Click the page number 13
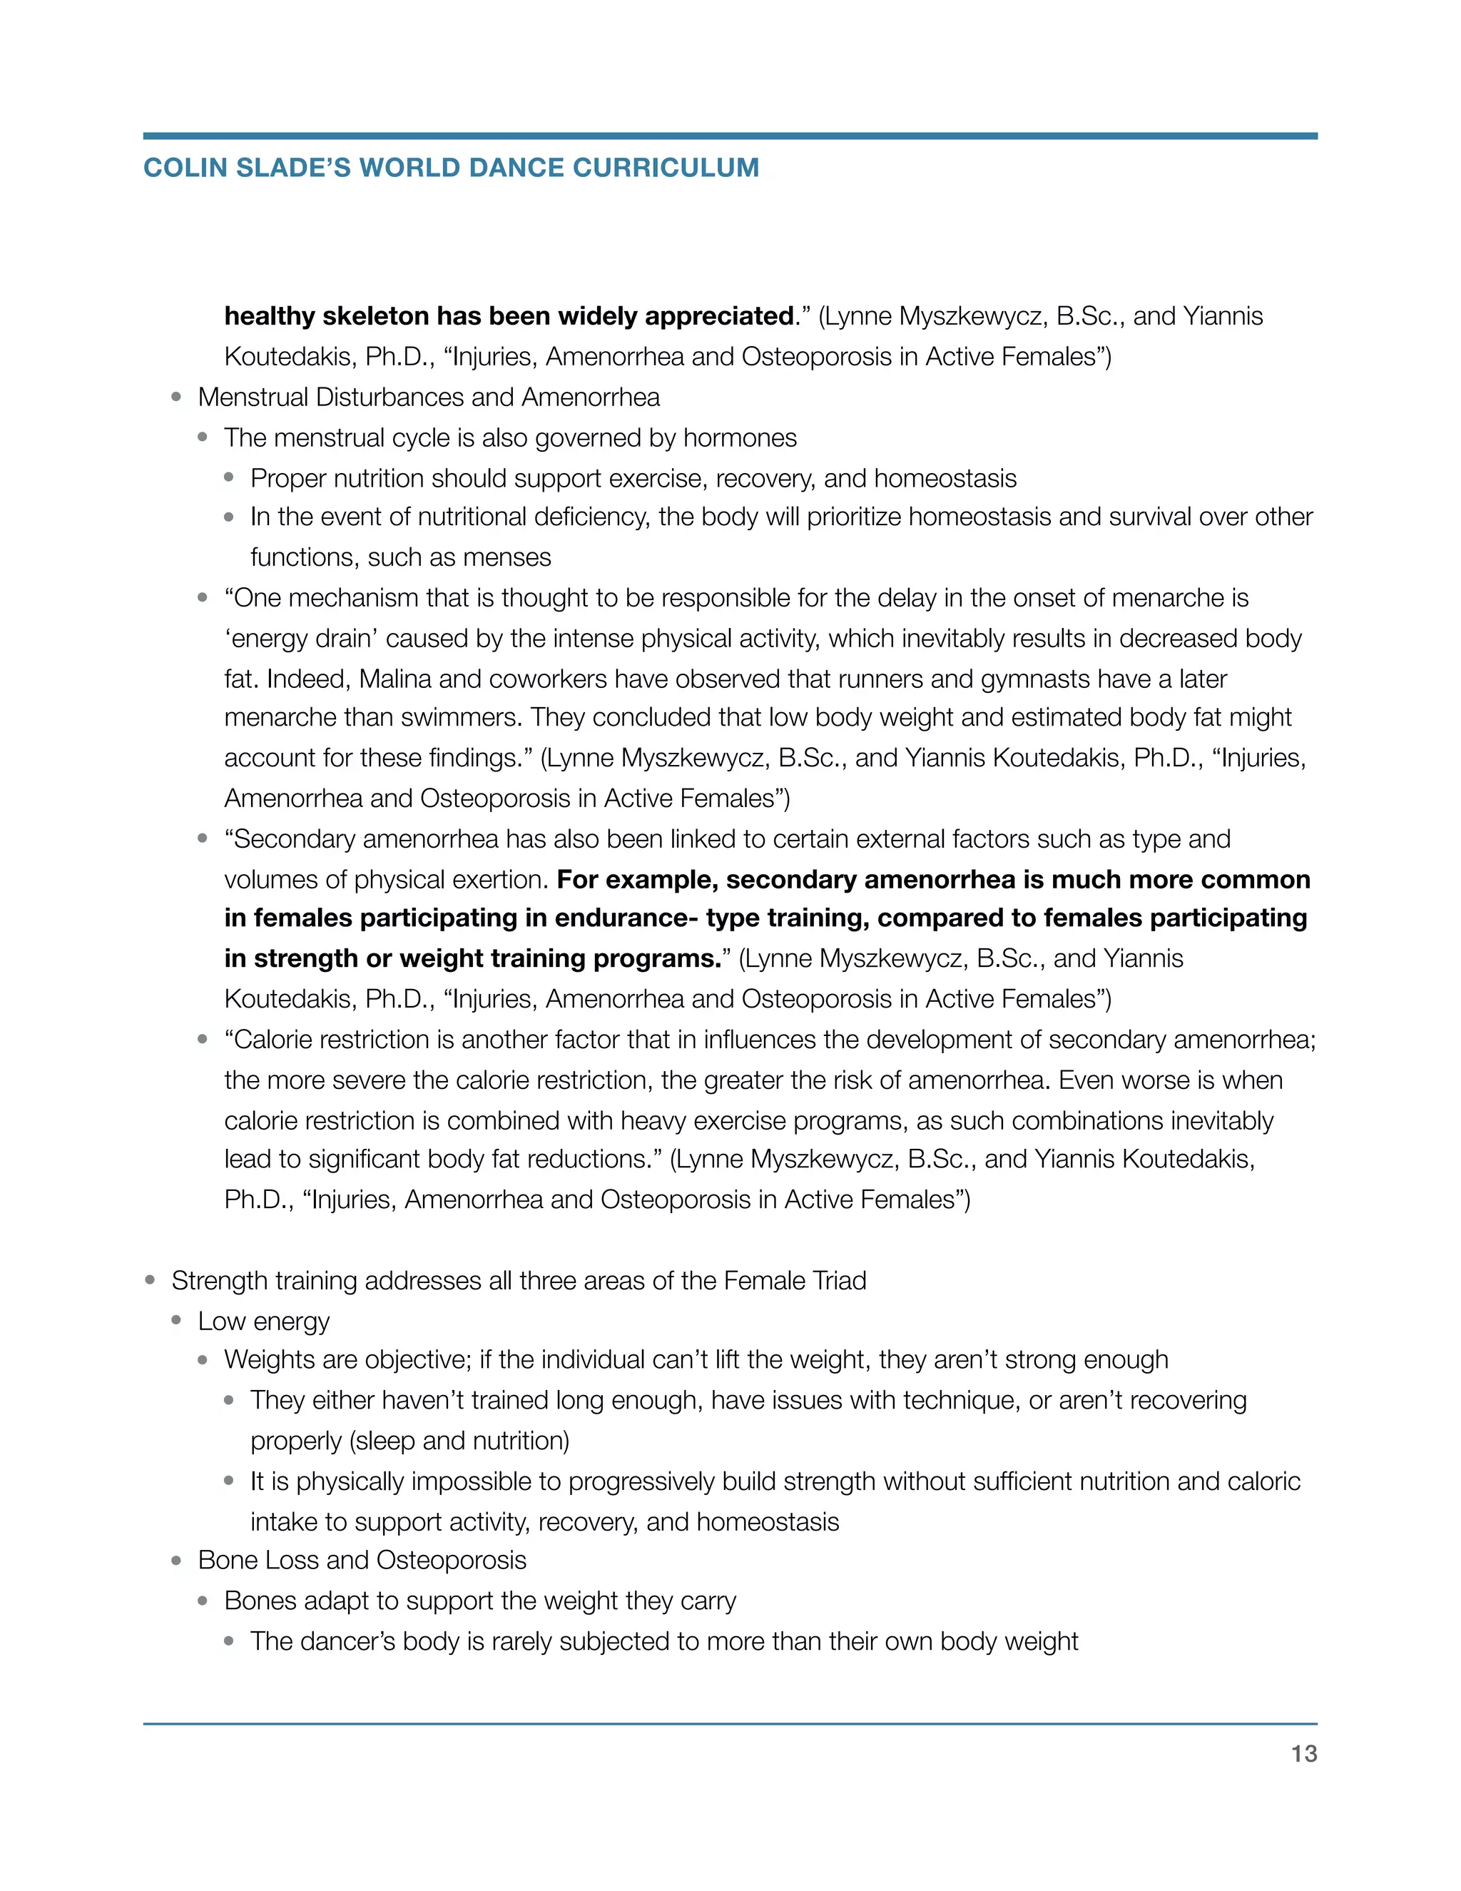[x=1303, y=1753]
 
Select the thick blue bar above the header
[x=730, y=136]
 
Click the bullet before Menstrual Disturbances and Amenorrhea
[x=177, y=397]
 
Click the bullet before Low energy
[x=177, y=1320]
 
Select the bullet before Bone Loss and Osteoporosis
[x=177, y=1560]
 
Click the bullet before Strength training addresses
[x=151, y=1279]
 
